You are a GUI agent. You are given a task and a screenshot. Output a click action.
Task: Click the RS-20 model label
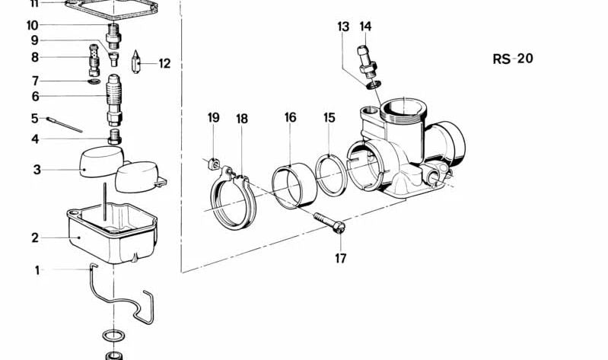click(x=513, y=59)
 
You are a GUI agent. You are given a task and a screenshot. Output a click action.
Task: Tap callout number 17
click(x=340, y=258)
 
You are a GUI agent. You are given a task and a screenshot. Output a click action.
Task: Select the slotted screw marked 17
click(x=329, y=222)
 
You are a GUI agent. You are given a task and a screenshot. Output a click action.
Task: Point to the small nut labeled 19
click(x=214, y=164)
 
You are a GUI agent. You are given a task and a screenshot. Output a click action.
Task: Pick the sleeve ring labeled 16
click(x=294, y=186)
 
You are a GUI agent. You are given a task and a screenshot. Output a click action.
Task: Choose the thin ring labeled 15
click(x=331, y=175)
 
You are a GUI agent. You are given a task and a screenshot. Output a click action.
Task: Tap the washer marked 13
click(x=374, y=84)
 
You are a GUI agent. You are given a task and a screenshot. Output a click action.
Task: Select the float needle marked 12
click(x=135, y=62)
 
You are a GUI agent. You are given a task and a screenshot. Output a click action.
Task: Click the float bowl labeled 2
click(x=112, y=232)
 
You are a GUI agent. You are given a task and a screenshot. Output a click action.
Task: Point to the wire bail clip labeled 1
click(x=121, y=294)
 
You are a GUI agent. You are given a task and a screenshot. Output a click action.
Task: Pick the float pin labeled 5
click(x=65, y=125)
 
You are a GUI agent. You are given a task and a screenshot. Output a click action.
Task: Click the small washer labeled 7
click(x=94, y=81)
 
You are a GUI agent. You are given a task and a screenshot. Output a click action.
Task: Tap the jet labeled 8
click(x=94, y=60)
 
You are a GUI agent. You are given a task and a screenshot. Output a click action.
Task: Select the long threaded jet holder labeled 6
click(x=114, y=100)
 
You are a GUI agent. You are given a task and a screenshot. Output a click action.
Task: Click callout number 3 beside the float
click(x=37, y=170)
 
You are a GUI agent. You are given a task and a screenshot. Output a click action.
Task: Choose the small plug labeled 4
click(x=114, y=137)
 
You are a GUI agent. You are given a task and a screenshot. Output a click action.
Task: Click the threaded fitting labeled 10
click(x=113, y=36)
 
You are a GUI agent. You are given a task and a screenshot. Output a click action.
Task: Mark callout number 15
click(x=329, y=117)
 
